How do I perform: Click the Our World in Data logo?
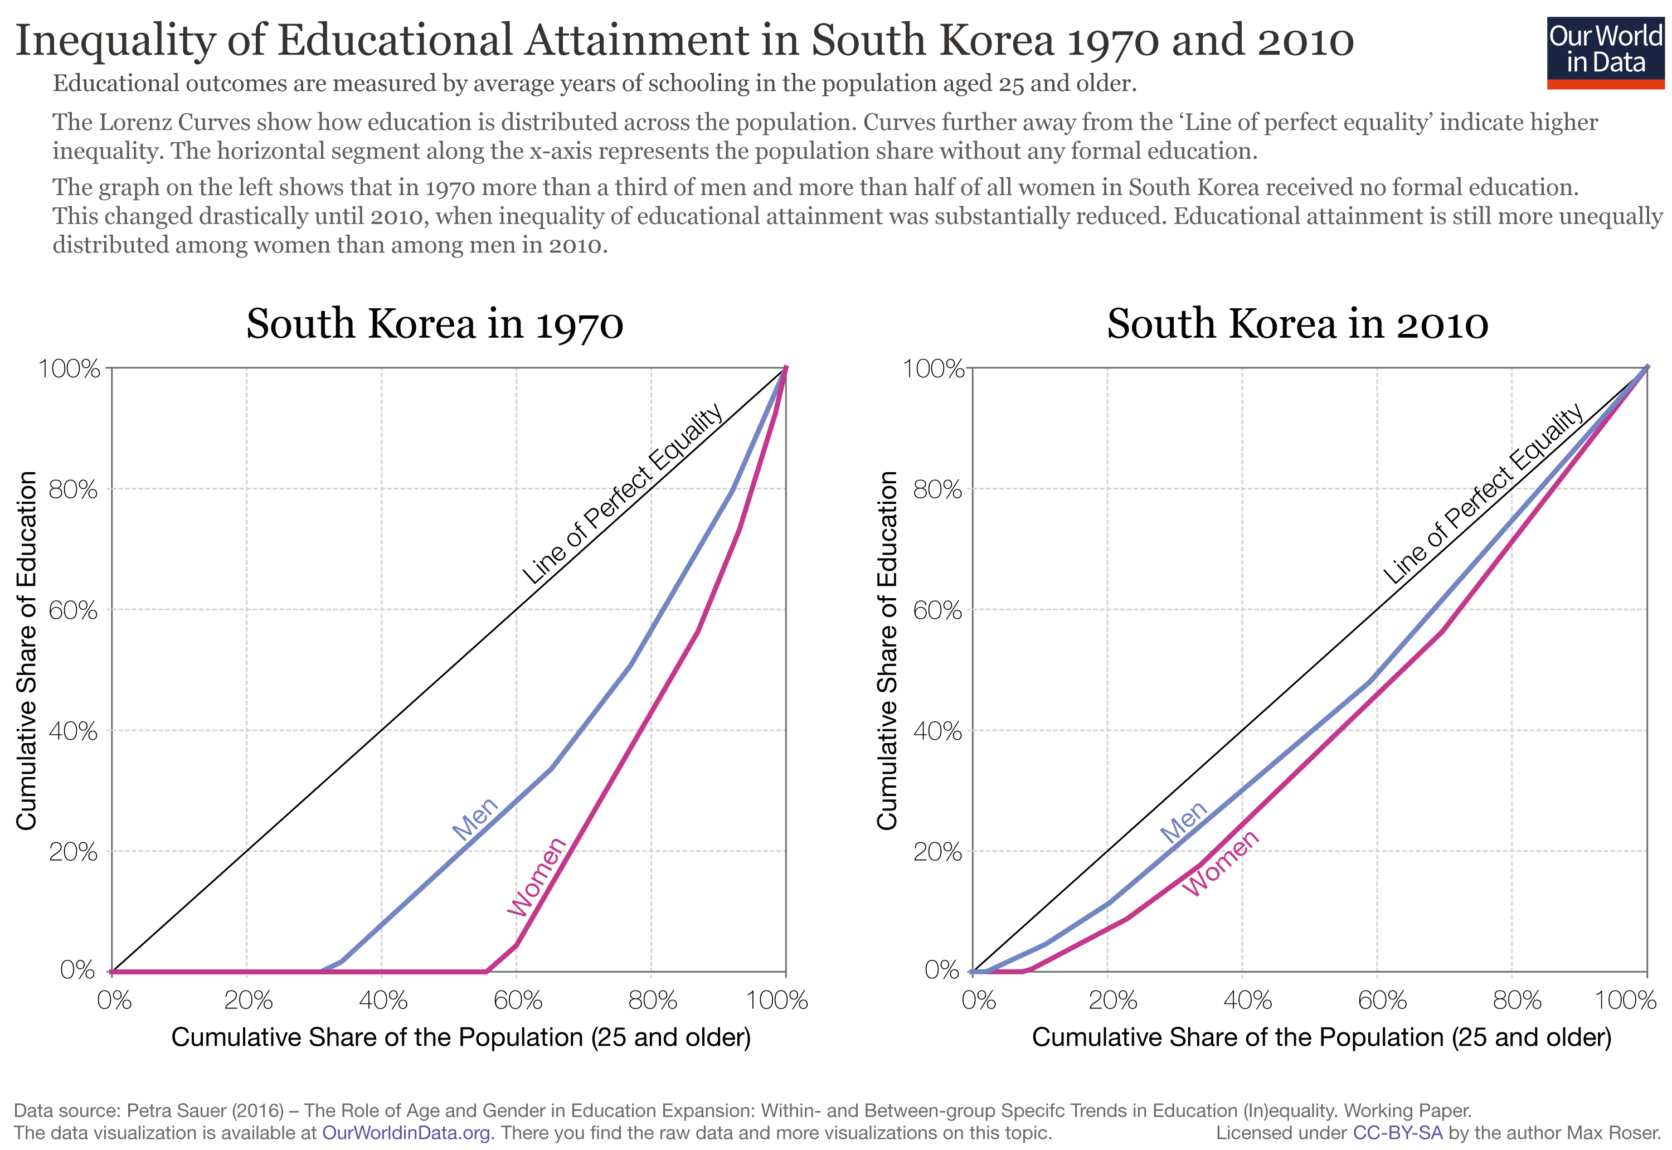1605,52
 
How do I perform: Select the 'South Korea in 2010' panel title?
1297,324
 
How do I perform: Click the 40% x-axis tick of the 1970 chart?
382,1000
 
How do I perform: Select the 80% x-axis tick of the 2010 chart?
1517,1000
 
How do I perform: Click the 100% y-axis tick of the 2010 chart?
933,369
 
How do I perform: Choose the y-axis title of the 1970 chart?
26,650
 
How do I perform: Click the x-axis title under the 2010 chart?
1321,1037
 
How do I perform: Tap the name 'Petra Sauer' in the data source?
168,1110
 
